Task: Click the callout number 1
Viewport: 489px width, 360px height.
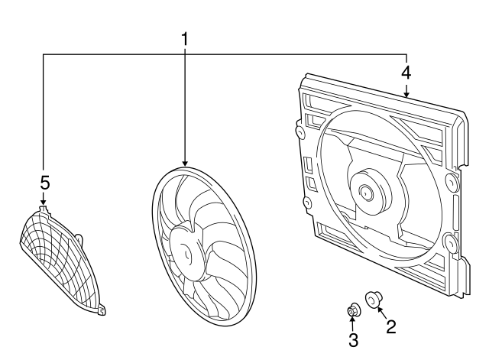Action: (185, 39)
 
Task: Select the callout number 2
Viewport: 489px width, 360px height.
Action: (390, 326)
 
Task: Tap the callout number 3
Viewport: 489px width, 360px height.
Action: (353, 340)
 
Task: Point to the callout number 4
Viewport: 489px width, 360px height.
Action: (406, 73)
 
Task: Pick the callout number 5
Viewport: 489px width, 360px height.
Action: (45, 183)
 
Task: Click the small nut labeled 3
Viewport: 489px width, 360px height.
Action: (354, 310)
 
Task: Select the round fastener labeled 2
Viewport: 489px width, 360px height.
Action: (374, 299)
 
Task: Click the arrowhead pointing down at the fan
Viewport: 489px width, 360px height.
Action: (185, 163)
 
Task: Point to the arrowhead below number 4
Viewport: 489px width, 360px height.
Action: (406, 94)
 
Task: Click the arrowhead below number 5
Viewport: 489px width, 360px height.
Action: (43, 202)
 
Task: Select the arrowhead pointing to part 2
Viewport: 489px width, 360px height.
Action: (380, 310)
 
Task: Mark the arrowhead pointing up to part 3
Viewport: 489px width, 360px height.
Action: (352, 318)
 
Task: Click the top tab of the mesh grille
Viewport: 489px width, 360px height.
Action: (43, 209)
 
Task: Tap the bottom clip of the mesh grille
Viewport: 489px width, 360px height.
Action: (102, 310)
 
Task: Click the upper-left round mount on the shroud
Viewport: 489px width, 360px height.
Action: (300, 131)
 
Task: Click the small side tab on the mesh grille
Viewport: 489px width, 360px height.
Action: (79, 238)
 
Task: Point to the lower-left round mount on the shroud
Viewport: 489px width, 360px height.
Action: (307, 203)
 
